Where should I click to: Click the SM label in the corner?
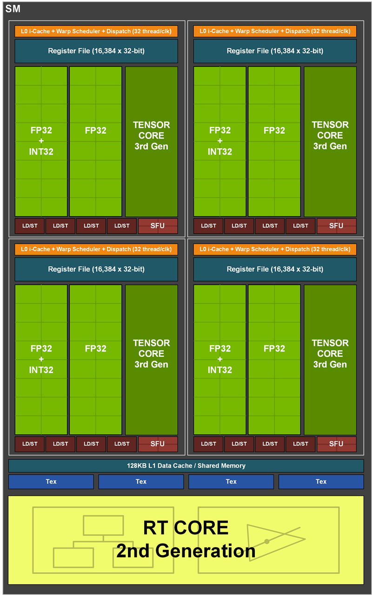tap(13, 8)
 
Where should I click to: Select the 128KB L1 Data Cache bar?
tap(186, 465)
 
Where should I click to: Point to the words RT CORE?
tap(186, 528)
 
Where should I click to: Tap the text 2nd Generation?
tap(186, 551)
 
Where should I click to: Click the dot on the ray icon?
tap(266, 541)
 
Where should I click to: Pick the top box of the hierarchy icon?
tap(103, 525)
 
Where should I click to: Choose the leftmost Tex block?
tap(51, 482)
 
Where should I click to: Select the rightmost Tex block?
tap(321, 482)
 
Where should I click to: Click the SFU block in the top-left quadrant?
tap(158, 226)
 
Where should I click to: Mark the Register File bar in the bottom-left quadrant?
tap(96, 269)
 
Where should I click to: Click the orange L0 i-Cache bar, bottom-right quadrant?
tap(275, 249)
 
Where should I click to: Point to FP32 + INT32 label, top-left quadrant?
tap(41, 141)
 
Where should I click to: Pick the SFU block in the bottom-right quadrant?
tap(336, 444)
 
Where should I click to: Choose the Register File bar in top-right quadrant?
tap(275, 51)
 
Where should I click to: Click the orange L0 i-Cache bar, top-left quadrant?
tap(96, 31)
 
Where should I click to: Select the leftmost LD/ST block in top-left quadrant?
tap(30, 226)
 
